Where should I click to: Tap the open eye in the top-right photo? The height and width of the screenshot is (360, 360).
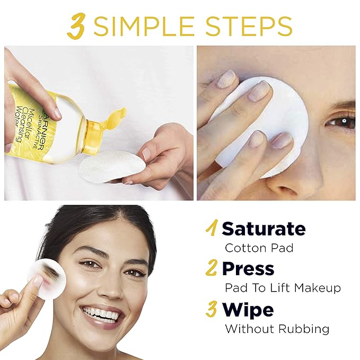[x=340, y=121]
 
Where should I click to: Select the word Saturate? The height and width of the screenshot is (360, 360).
[x=264, y=229]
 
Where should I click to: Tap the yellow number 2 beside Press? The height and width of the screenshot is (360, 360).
[x=212, y=269]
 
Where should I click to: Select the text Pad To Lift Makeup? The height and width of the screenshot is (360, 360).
[x=283, y=288]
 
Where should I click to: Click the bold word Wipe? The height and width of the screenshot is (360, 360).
[x=248, y=309]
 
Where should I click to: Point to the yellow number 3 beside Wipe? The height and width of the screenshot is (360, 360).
[x=212, y=309]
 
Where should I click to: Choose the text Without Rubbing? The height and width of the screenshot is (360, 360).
[x=277, y=329]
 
